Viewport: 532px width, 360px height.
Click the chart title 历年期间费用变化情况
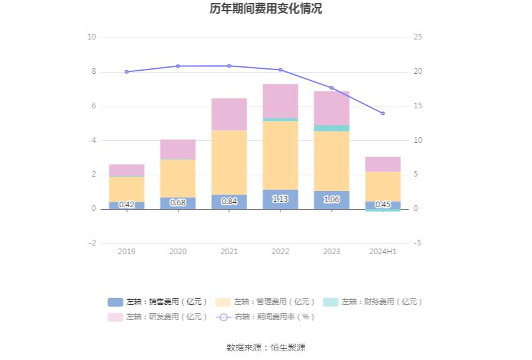tap(266, 9)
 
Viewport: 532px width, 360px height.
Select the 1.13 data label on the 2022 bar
tap(280, 199)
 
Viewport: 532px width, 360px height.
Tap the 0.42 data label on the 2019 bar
tap(126, 205)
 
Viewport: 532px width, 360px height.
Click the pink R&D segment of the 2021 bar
tap(229, 114)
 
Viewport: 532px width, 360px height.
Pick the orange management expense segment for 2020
tap(178, 178)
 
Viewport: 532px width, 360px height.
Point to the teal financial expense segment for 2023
tap(332, 128)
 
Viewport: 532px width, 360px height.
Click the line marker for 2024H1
tap(383, 113)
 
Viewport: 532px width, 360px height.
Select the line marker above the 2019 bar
tap(126, 72)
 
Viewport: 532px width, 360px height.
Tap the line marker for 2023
tap(332, 88)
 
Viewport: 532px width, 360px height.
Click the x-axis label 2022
tap(280, 252)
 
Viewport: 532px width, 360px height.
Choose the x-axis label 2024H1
tap(383, 252)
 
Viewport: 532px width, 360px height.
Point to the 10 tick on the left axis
tap(92, 38)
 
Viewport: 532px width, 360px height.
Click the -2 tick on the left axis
tap(91, 243)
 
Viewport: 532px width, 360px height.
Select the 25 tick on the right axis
tap(418, 38)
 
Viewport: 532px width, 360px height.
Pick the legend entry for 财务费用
tap(373, 302)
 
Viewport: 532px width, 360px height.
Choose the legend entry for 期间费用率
tap(265, 317)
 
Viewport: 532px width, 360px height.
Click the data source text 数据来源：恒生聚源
tap(266, 347)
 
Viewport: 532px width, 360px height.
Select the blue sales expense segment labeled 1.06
tap(332, 200)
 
